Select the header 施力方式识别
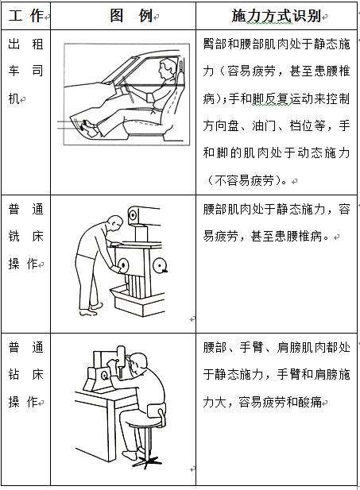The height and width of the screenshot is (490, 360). coord(276,15)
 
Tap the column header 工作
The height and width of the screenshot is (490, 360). coord(25,15)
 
